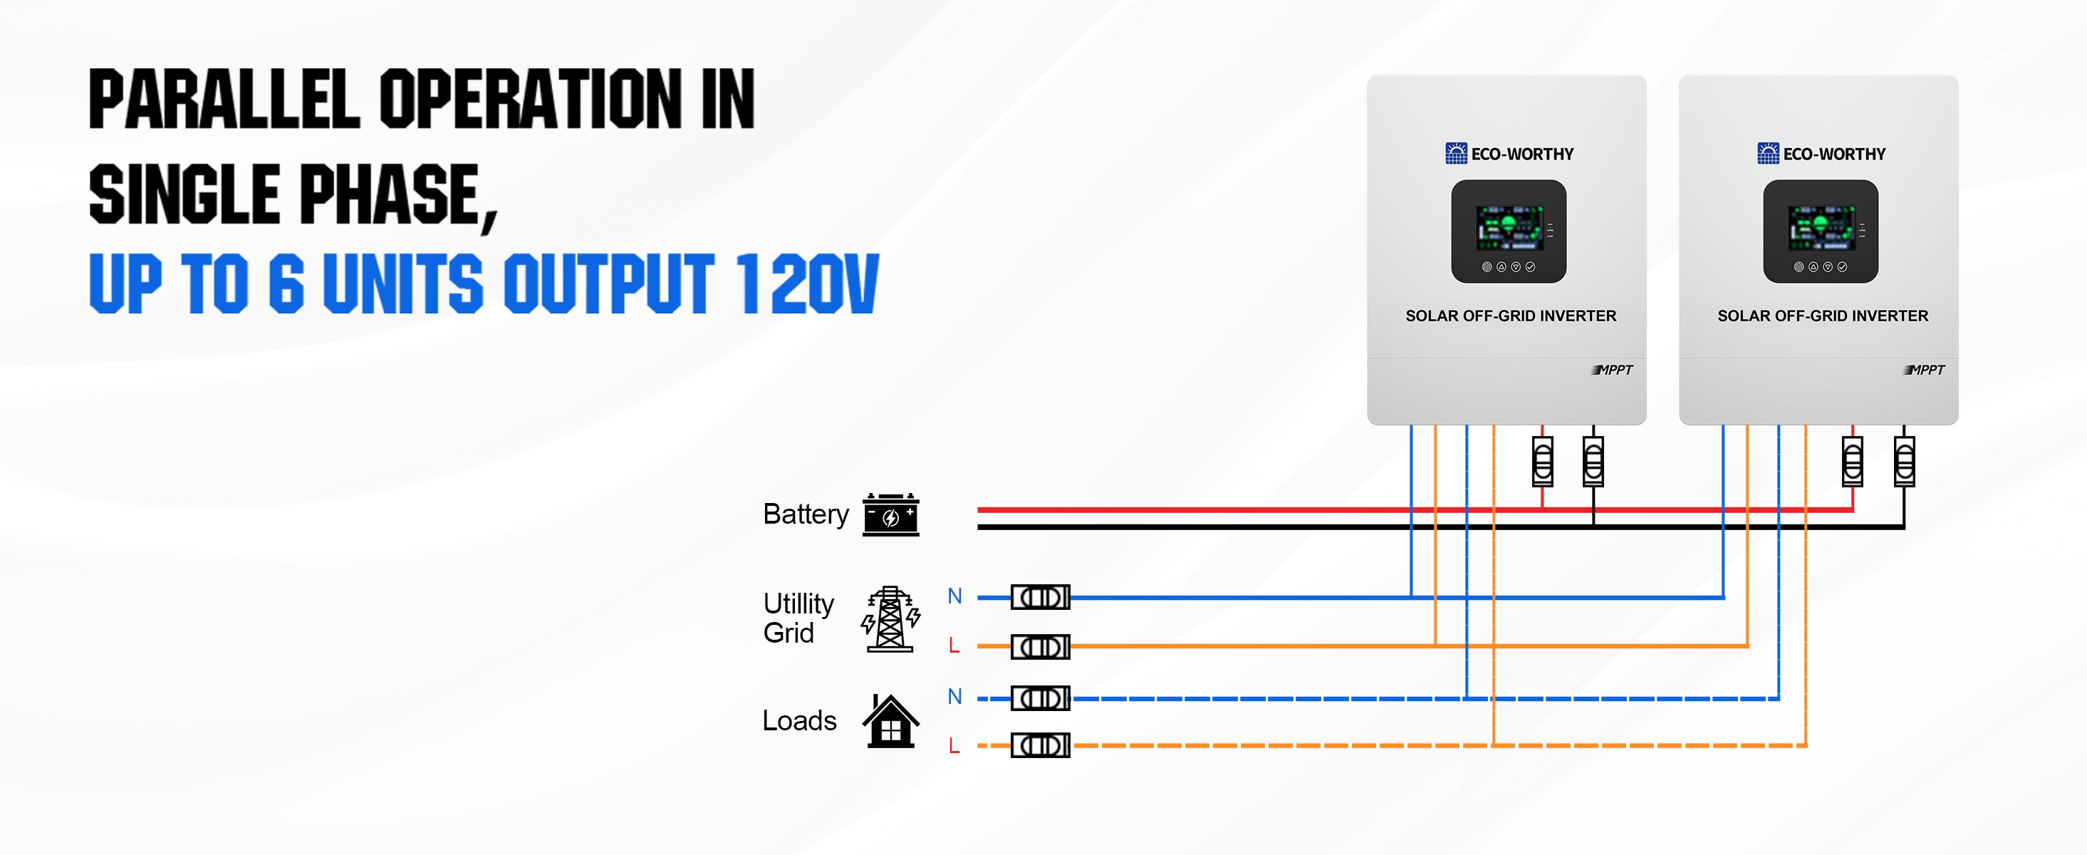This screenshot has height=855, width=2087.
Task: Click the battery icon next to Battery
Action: [890, 514]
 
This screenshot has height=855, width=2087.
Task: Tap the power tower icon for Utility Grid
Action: [890, 619]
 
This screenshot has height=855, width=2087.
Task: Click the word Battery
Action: [806, 514]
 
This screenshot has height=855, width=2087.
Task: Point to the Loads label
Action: [798, 720]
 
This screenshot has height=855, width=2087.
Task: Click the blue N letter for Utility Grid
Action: [954, 596]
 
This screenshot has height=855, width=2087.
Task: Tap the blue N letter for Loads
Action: [954, 696]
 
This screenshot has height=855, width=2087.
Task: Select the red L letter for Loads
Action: [954, 745]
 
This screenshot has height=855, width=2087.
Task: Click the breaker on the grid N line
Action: [1040, 597]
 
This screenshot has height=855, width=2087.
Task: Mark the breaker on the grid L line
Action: [1040, 647]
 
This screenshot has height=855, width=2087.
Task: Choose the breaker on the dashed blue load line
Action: [1040, 698]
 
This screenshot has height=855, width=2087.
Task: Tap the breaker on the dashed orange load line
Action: [1040, 745]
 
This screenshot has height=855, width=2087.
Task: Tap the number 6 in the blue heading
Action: [286, 283]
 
